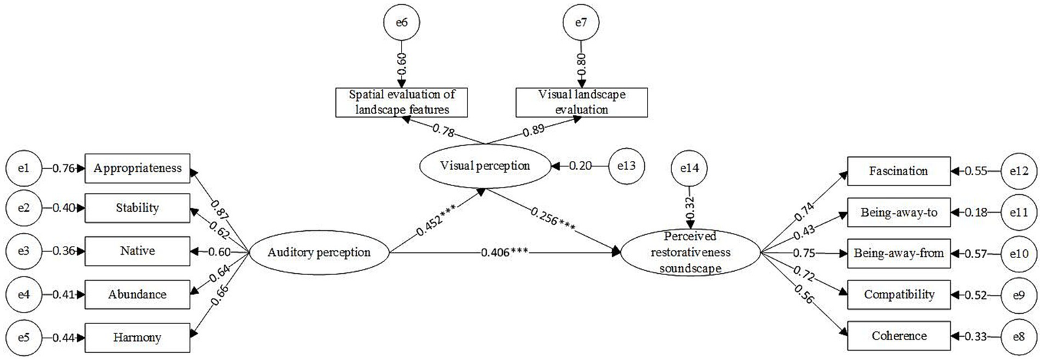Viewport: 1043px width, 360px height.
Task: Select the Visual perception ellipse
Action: click(484, 165)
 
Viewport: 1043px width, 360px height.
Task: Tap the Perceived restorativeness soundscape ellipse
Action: click(691, 253)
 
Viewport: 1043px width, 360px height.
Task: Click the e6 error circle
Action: click(401, 22)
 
